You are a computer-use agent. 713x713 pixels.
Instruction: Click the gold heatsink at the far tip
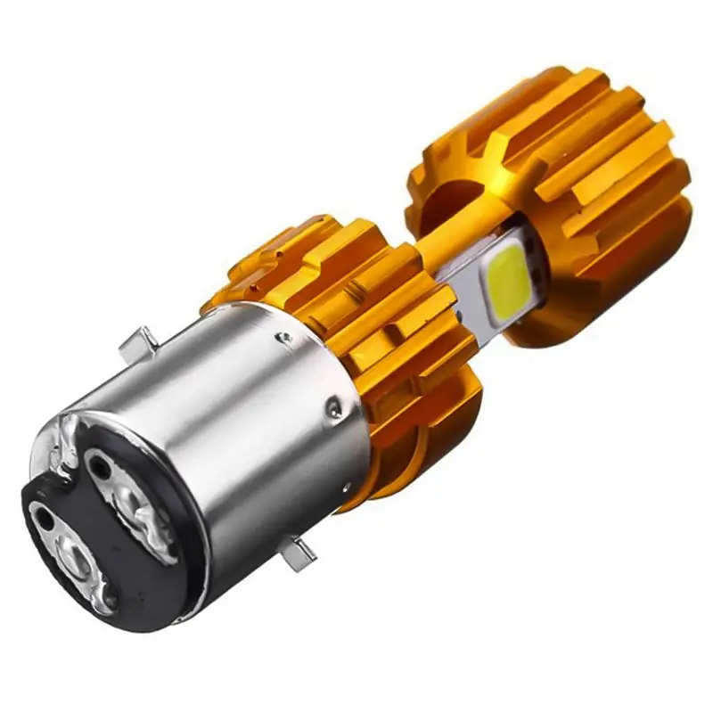(x=579, y=178)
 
